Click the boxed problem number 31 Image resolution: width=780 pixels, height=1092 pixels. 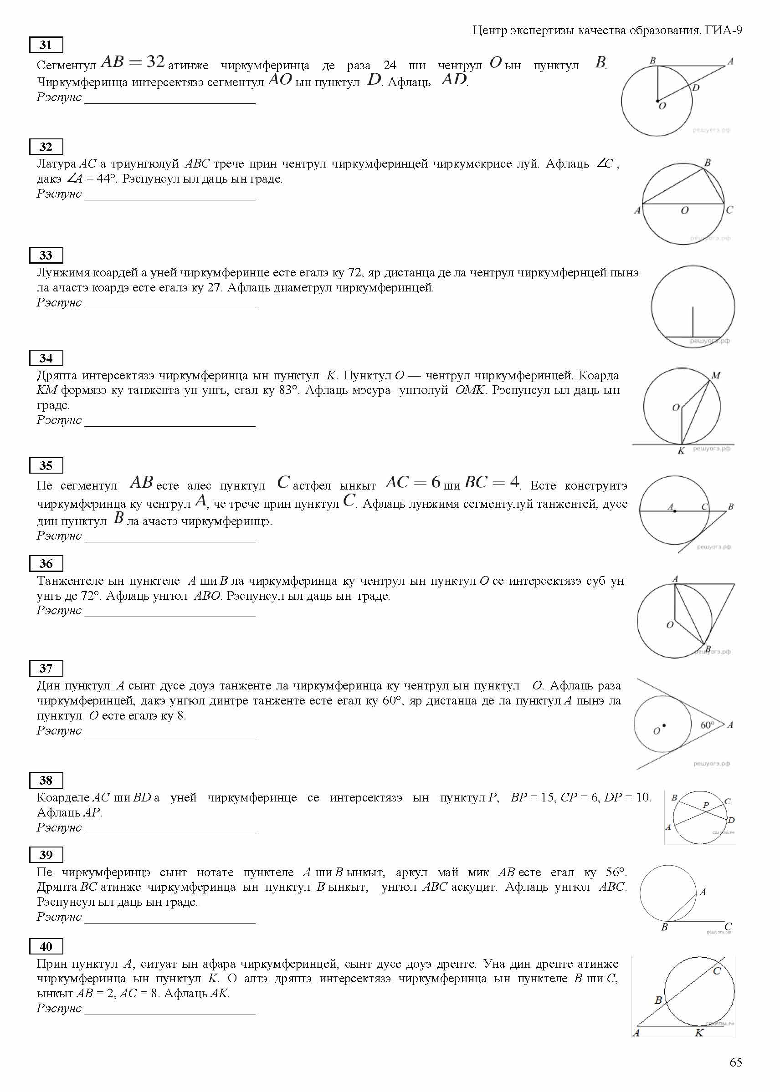(46, 45)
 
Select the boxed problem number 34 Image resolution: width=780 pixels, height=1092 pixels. (46, 358)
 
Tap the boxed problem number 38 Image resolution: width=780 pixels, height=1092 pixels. (46, 781)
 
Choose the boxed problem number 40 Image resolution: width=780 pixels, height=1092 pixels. (46, 947)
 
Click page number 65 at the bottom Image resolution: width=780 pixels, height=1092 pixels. (735, 1062)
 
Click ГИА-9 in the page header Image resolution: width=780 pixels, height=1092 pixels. (724, 30)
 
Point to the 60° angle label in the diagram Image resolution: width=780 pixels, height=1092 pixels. (707, 725)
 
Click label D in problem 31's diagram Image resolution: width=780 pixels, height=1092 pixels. (695, 88)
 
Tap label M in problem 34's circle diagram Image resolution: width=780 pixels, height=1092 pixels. (716, 375)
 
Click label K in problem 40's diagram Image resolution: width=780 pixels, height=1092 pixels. (699, 1033)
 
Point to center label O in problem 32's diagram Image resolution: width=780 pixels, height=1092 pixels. (684, 210)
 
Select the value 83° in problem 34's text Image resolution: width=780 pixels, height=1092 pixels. (287, 390)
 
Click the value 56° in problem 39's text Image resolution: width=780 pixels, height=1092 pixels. (615, 872)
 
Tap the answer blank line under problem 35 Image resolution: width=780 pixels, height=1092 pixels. (169, 541)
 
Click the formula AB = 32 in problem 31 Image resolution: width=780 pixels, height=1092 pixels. (133, 62)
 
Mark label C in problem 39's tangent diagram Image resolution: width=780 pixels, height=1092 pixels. (728, 926)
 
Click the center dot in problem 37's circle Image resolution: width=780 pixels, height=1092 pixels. (664, 725)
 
